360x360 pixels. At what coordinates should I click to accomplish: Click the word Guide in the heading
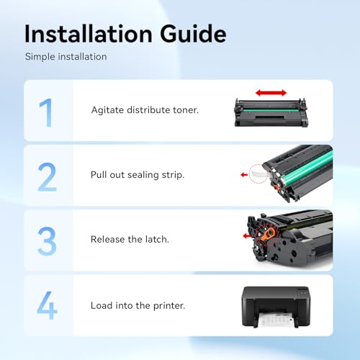coord(193,34)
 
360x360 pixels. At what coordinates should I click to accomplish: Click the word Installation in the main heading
coord(89,34)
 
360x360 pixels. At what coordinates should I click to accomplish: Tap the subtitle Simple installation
coord(66,57)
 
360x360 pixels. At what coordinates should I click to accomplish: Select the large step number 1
coord(46,112)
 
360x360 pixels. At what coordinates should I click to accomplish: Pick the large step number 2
coord(48,177)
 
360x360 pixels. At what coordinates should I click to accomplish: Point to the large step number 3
coord(47,241)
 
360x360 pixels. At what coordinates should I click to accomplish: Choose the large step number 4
coord(48,305)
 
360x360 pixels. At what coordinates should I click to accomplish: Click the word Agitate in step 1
coord(107,110)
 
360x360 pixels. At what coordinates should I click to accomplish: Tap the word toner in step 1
coord(186,110)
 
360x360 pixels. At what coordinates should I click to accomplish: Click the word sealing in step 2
coord(143,175)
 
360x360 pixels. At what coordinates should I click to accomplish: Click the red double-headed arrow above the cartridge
coord(271,93)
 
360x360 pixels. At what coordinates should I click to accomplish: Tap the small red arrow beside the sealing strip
coord(244,175)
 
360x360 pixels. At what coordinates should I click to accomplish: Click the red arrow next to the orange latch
coord(248,236)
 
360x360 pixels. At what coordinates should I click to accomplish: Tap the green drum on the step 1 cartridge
coord(271,111)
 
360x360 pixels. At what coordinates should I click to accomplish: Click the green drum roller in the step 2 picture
coord(308,167)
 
